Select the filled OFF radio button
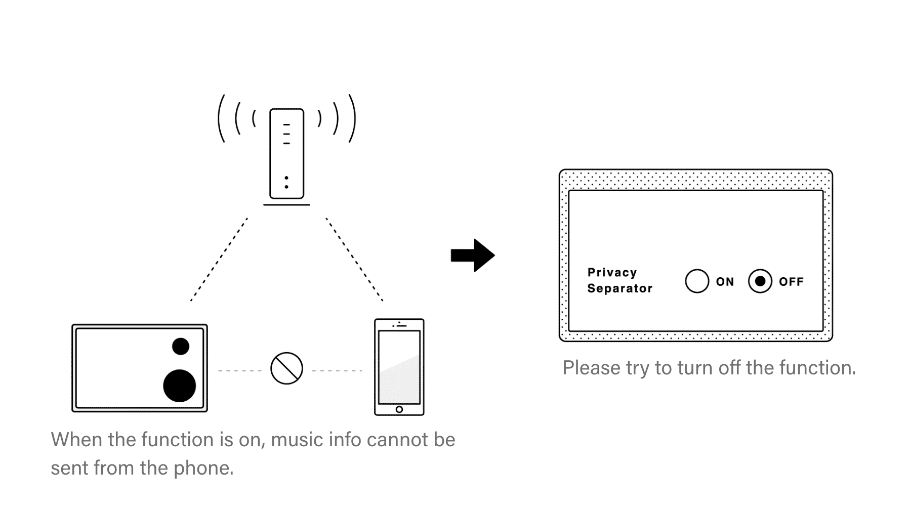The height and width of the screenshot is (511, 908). (x=760, y=281)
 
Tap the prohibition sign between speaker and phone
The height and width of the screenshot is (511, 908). (x=286, y=368)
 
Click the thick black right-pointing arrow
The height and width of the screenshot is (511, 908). (x=473, y=255)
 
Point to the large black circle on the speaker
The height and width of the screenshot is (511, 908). (x=179, y=386)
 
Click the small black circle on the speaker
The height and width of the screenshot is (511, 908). (x=181, y=346)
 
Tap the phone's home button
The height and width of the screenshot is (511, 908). (x=399, y=409)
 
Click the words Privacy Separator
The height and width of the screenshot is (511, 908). (x=620, y=280)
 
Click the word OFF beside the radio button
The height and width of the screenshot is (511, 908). (x=791, y=282)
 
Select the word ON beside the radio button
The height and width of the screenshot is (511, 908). (x=725, y=282)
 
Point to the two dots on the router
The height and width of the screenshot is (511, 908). (x=286, y=182)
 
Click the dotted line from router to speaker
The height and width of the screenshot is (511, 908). (x=219, y=260)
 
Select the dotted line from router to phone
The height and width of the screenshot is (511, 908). (x=354, y=260)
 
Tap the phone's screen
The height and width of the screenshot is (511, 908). (x=399, y=366)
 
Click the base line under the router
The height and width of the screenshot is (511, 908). (x=286, y=205)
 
